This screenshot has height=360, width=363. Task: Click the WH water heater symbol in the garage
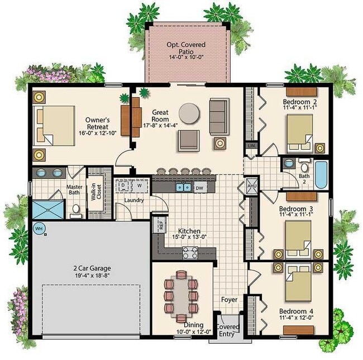click(x=39, y=228)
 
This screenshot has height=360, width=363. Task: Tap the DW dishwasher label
click(x=199, y=188)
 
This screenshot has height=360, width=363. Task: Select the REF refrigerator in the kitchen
click(x=160, y=225)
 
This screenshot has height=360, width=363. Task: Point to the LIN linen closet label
click(x=251, y=145)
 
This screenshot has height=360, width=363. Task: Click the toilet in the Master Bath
click(x=75, y=210)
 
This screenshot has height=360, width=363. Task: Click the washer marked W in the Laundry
click(x=139, y=185)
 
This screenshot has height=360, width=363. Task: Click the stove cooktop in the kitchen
click(x=190, y=253)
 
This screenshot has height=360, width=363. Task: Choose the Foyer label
click(x=229, y=300)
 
